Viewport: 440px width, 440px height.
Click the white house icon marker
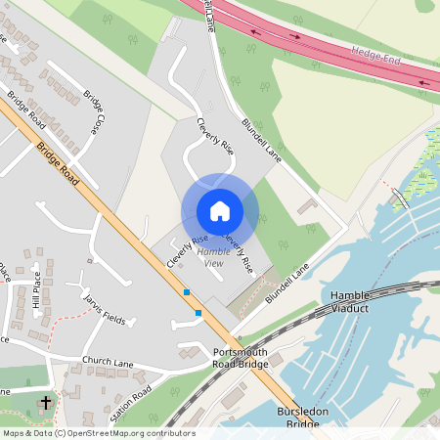[220, 211]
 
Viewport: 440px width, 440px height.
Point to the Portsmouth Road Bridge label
[240, 358]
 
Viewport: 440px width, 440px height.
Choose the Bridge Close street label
[94, 113]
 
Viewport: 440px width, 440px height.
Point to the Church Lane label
[108, 363]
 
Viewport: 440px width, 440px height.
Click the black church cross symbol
[46, 402]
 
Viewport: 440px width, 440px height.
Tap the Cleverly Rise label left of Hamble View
[188, 252]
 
